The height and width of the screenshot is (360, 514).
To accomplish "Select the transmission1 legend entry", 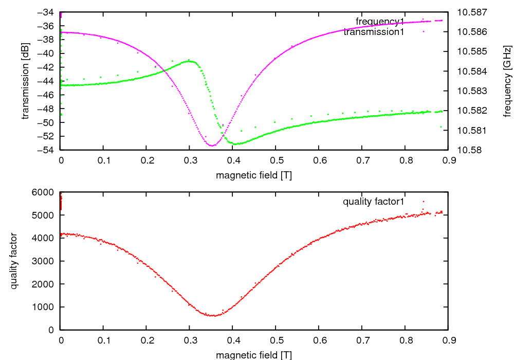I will pyautogui.click(x=374, y=32).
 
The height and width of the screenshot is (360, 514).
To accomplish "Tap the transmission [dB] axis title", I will pyautogui.click(x=25, y=81).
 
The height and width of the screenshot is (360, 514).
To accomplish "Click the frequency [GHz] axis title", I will pyautogui.click(x=507, y=81).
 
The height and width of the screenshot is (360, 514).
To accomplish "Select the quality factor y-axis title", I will pyautogui.click(x=14, y=261).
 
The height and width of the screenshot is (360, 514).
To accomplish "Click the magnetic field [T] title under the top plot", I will pyautogui.click(x=254, y=175).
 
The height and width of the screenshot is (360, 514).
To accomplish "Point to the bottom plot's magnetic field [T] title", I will pyautogui.click(x=254, y=355).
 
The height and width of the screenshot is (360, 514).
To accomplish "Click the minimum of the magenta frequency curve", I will pyautogui.click(x=212, y=146).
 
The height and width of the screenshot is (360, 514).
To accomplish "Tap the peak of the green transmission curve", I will pyautogui.click(x=190, y=60).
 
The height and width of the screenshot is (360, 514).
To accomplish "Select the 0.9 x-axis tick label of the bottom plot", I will pyautogui.click(x=449, y=340).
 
